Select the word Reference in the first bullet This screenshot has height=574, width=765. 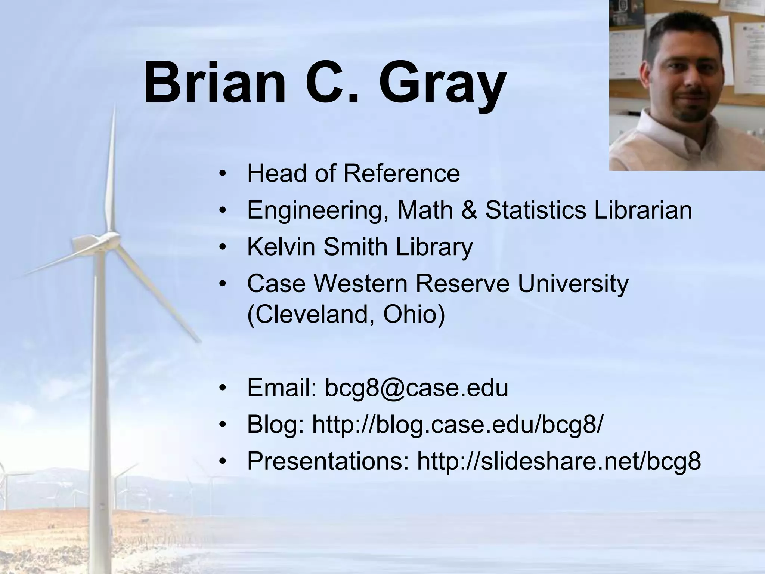[402, 173]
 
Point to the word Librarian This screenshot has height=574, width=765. [643, 210]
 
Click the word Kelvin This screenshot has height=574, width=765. [281, 247]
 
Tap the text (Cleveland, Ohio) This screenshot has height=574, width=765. [346, 314]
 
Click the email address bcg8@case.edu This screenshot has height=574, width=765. [416, 388]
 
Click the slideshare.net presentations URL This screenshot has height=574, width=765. [559, 461]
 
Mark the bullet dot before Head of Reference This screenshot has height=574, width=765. [223, 174]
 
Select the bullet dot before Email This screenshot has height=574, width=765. [223, 388]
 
